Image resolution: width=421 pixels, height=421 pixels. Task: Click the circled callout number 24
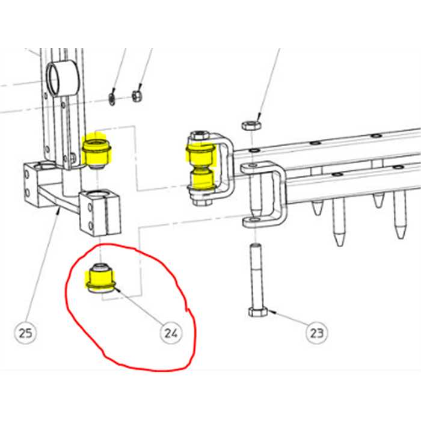171,332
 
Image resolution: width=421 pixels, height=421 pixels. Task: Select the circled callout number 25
27,332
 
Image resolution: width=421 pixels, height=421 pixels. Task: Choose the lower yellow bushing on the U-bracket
201,179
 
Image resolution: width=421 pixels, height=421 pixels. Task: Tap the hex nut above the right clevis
250,125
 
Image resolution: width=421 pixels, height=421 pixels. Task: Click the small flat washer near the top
112,98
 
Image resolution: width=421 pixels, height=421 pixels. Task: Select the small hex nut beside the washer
137,95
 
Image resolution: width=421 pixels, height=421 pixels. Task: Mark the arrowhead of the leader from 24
115,289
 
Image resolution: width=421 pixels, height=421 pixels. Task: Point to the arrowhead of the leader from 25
58,210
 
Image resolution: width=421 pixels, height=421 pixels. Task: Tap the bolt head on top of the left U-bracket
198,135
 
